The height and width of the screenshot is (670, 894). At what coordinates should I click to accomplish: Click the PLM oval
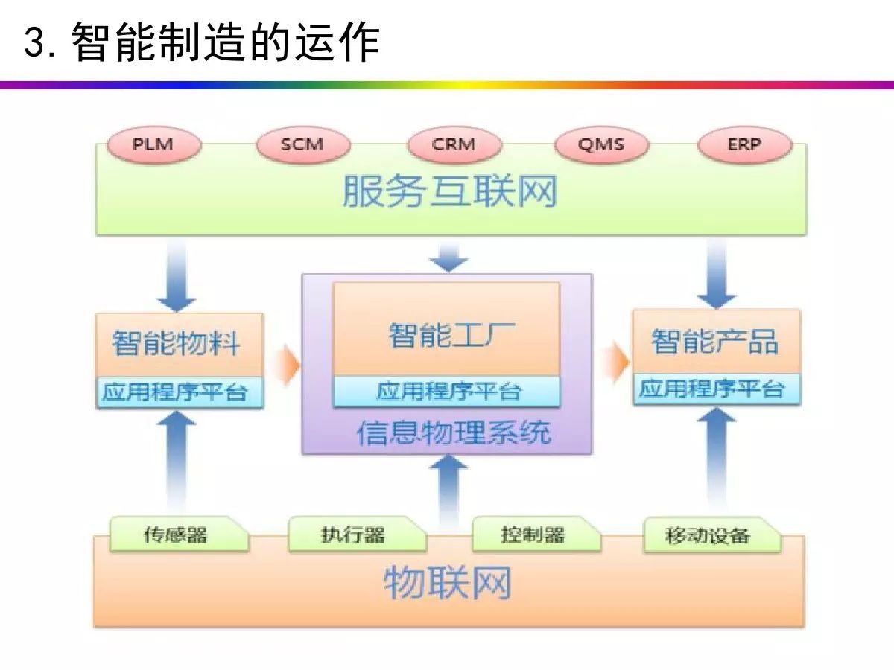coord(154,145)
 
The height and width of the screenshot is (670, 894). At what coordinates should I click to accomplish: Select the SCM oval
coord(303,145)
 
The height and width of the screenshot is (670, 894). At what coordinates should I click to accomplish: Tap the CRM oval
coord(454,145)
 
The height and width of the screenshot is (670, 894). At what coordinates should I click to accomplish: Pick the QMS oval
coord(601,145)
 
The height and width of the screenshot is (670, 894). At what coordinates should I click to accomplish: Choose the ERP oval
coord(744,145)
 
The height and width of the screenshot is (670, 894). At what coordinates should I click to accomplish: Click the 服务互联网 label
coord(450,191)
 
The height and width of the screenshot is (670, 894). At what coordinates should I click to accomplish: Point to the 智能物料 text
coord(176,343)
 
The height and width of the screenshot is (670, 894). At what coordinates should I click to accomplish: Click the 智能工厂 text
coord(452,336)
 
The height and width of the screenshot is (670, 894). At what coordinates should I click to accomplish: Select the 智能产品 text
coord(714,341)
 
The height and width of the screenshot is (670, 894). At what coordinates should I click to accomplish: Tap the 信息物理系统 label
coord(454,433)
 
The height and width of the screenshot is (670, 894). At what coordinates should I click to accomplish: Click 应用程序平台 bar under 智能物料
coord(180,392)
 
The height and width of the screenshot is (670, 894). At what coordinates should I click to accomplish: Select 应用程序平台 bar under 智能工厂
coord(447,392)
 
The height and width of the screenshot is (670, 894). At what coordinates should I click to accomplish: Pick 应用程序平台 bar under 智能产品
coord(717,389)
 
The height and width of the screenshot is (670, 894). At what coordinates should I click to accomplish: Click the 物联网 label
coord(447,583)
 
